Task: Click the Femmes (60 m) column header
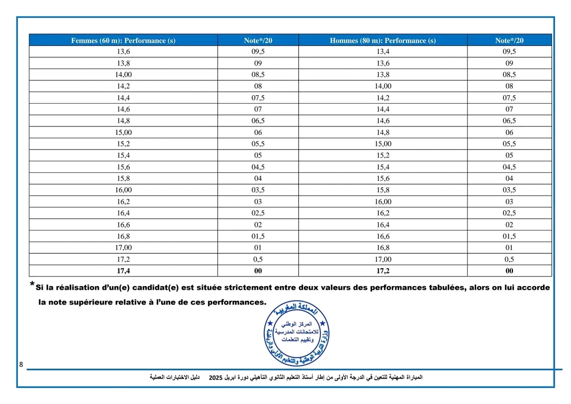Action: [x=123, y=40]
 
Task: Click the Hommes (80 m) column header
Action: [x=382, y=40]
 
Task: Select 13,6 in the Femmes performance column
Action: [x=123, y=51]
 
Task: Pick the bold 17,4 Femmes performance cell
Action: [x=123, y=271]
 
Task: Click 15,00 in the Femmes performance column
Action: [x=123, y=132]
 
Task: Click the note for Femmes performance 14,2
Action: [x=258, y=86]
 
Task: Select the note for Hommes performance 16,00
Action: [x=509, y=201]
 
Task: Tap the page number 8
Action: [x=21, y=365]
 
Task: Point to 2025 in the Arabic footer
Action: [x=215, y=378]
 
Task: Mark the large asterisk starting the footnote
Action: [x=33, y=285]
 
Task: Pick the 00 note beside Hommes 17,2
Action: [x=509, y=271]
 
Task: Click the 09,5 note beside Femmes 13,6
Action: [x=258, y=51]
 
